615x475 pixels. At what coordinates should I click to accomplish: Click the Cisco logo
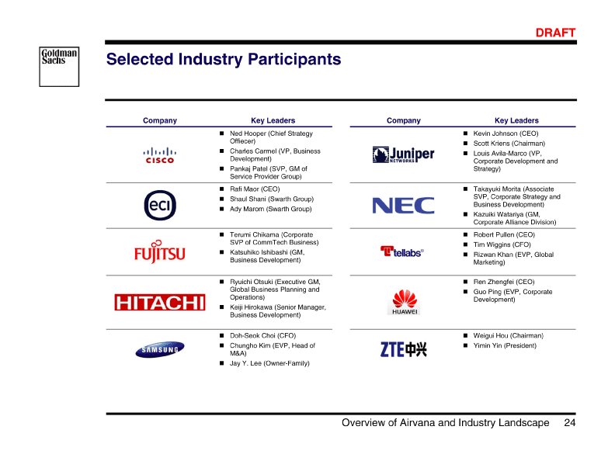click(160, 155)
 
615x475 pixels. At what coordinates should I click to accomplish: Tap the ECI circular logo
click(160, 205)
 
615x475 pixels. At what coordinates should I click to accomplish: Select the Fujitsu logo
click(159, 251)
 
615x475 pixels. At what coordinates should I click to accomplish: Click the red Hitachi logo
click(159, 302)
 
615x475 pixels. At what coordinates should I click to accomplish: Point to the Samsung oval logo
click(160, 349)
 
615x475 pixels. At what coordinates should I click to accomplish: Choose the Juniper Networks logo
click(403, 154)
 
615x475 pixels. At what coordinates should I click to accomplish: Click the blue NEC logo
click(403, 205)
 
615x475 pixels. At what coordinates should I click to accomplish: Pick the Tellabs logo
click(402, 251)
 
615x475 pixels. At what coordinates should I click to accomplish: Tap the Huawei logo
click(404, 302)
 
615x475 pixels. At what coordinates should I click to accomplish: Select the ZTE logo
click(403, 349)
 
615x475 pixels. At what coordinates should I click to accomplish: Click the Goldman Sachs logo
click(59, 66)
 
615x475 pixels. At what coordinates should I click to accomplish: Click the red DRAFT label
click(555, 33)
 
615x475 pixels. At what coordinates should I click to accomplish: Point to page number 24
click(570, 423)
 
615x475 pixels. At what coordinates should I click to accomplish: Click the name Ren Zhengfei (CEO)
click(504, 282)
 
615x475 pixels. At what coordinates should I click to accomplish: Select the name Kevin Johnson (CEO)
click(506, 133)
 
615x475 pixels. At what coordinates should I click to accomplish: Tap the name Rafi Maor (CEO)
click(255, 189)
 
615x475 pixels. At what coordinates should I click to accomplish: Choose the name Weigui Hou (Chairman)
click(508, 335)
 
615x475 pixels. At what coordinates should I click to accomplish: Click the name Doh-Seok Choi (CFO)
click(262, 335)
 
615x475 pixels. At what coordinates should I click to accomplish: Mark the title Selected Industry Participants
click(223, 60)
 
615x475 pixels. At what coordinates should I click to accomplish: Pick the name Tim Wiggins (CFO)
click(502, 244)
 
